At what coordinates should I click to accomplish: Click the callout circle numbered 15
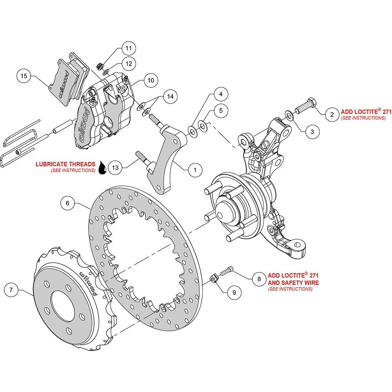pyautogui.click(x=24, y=76)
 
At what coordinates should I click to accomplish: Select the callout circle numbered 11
pyautogui.click(x=129, y=48)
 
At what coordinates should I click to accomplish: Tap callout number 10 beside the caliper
pyautogui.click(x=151, y=80)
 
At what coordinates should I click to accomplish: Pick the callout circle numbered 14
pyautogui.click(x=170, y=96)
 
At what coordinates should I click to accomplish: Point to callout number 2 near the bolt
pyautogui.click(x=332, y=114)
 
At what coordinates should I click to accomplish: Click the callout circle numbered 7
pyautogui.click(x=11, y=290)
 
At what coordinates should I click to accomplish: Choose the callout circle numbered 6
pyautogui.click(x=67, y=203)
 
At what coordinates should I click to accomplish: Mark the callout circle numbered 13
pyautogui.click(x=115, y=167)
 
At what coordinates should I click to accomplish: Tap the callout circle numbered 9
pyautogui.click(x=234, y=292)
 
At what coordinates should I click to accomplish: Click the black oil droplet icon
pyautogui.click(x=102, y=168)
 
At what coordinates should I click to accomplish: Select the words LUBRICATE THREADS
pyautogui.click(x=65, y=164)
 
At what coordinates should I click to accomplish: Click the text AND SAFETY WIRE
pyautogui.click(x=293, y=283)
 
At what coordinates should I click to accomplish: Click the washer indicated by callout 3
pyautogui.click(x=289, y=115)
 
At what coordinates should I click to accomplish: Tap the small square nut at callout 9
pyautogui.click(x=214, y=278)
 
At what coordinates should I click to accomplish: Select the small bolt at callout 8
pyautogui.click(x=226, y=271)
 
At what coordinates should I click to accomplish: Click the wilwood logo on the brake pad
pyautogui.click(x=64, y=85)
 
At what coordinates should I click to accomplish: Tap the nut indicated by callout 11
pyautogui.click(x=100, y=67)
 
